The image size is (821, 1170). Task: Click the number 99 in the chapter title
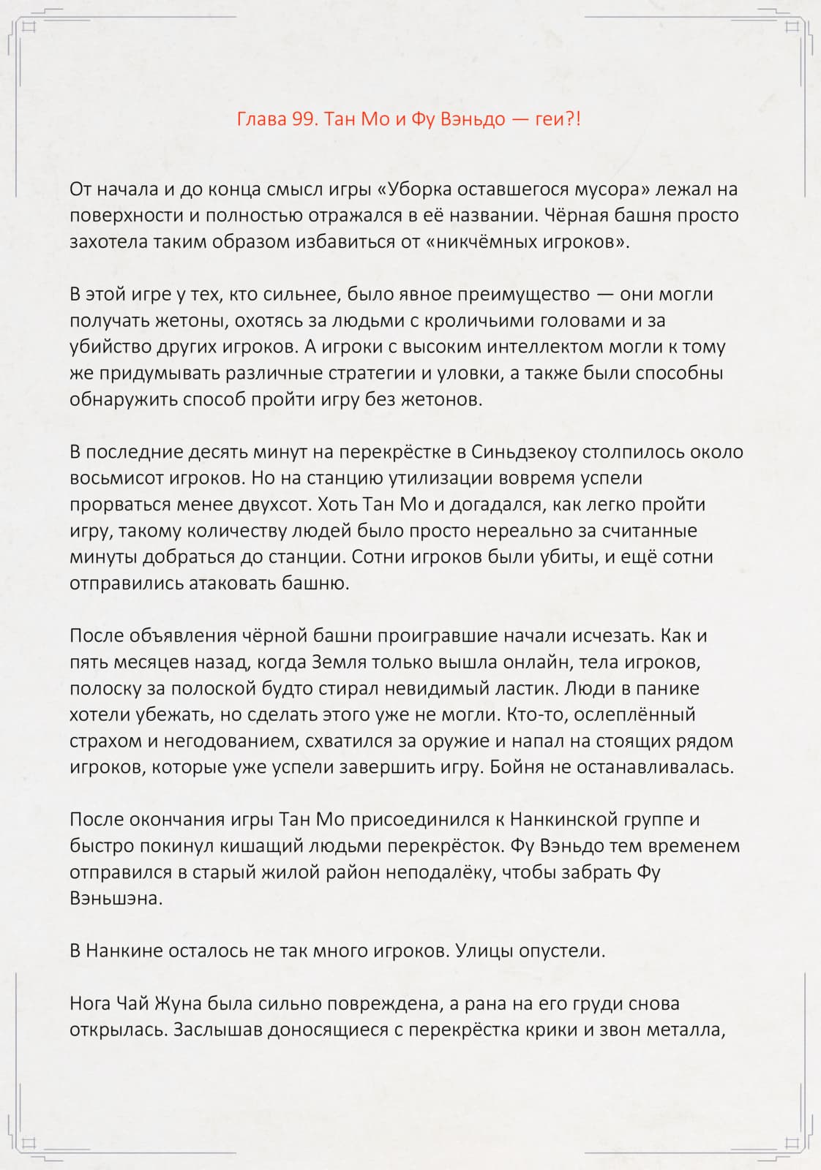(303, 119)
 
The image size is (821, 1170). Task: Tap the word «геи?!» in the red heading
(558, 119)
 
